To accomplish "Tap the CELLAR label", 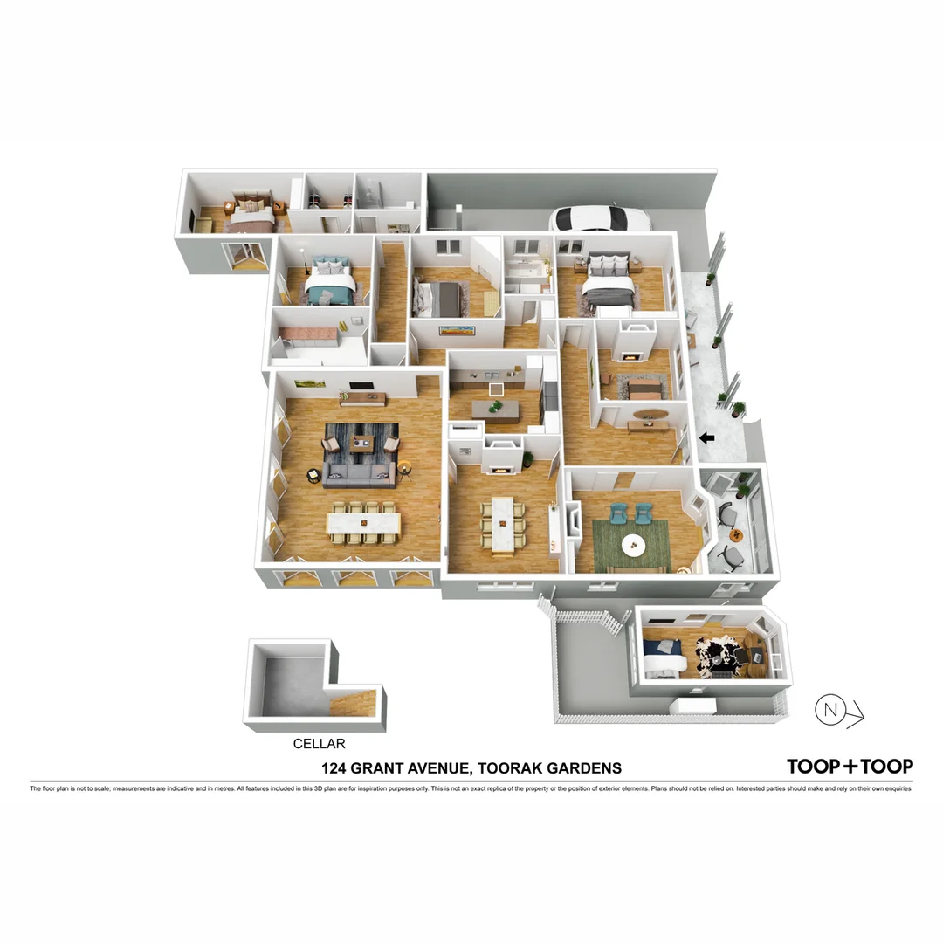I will coord(319,744).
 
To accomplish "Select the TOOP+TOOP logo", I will coord(850,767).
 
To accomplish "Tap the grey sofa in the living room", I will coord(359,474).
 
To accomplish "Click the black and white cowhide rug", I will coord(719,652).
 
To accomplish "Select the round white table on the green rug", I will coord(633,546).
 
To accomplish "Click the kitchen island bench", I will coord(495,409).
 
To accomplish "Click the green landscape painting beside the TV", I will coord(310,382).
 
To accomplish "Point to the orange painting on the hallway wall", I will coord(458,329).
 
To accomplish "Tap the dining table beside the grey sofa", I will coord(364,524).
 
